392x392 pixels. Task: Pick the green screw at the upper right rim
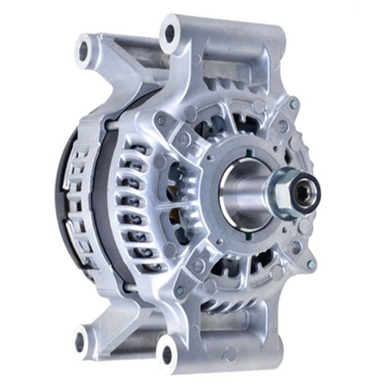pyautogui.click(x=294, y=105)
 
